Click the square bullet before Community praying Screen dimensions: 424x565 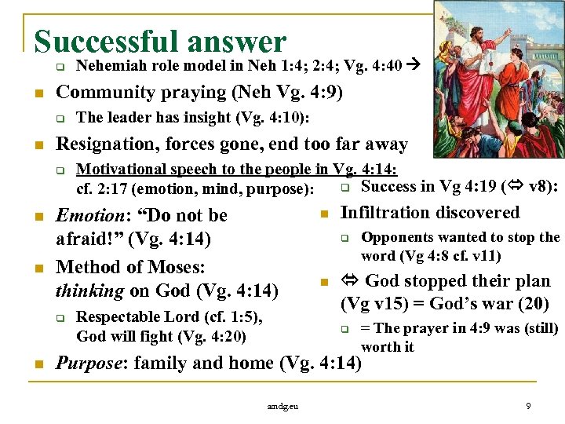[31, 93]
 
